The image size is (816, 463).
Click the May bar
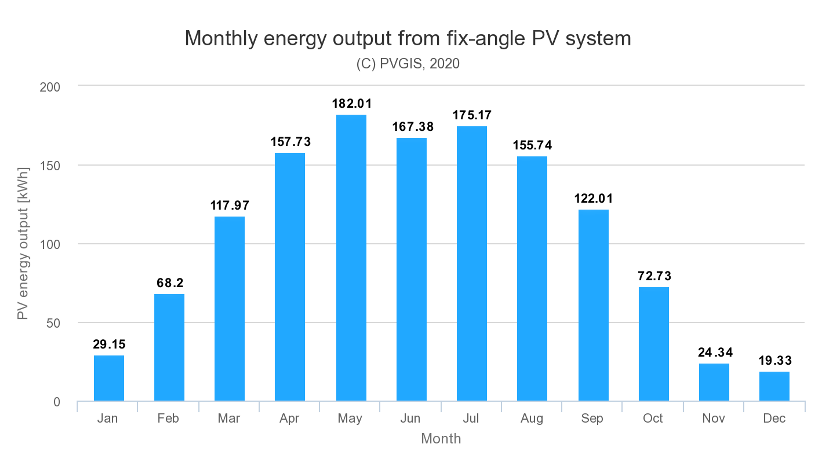(x=351, y=258)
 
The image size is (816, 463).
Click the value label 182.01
(x=351, y=104)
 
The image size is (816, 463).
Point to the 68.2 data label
(x=170, y=283)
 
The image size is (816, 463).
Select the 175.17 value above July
(x=472, y=115)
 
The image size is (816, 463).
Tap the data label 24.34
(x=715, y=352)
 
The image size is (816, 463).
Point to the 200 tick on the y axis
(x=50, y=87)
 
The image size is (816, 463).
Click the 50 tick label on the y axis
(x=53, y=323)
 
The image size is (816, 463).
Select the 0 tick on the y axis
(x=57, y=402)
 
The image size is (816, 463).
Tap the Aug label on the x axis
(x=531, y=418)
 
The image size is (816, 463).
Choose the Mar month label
(x=229, y=418)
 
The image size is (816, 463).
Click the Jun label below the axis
(x=410, y=418)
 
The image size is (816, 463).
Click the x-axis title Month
(x=441, y=439)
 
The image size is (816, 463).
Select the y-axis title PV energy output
(x=23, y=243)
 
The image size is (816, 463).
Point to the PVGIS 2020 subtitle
(x=408, y=64)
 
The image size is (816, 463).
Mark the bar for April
(x=290, y=277)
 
